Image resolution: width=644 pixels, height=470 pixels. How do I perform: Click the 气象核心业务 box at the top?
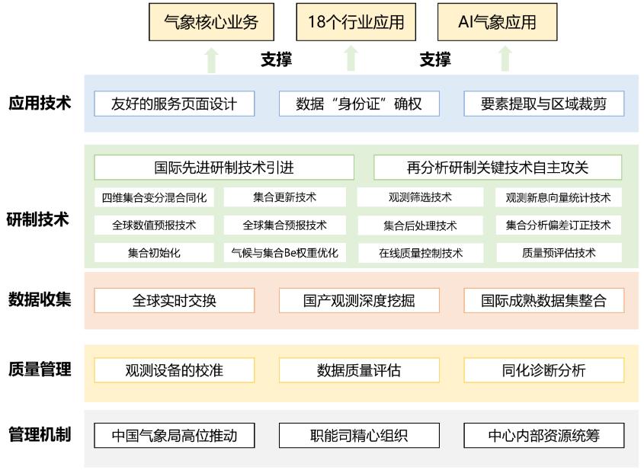(211, 22)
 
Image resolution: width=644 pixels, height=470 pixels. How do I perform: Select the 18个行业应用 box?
(356, 22)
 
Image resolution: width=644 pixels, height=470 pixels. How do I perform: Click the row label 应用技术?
(40, 103)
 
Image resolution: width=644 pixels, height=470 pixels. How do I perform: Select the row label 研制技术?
(40, 220)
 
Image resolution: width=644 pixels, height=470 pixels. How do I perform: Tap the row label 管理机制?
(40, 435)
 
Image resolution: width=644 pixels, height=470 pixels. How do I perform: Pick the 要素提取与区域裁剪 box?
(543, 104)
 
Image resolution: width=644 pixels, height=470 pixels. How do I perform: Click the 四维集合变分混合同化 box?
(155, 198)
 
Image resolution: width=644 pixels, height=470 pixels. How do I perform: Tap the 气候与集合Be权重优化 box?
(284, 253)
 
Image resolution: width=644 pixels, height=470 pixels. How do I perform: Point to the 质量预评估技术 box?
(559, 253)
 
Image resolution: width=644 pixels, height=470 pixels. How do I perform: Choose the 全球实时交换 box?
(175, 300)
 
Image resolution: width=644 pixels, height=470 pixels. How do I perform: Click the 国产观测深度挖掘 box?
(359, 300)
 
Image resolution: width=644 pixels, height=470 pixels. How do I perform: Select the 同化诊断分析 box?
(543, 371)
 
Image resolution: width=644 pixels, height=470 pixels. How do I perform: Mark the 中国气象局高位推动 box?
(175, 436)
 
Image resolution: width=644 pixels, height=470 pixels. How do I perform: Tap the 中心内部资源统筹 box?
(543, 436)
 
